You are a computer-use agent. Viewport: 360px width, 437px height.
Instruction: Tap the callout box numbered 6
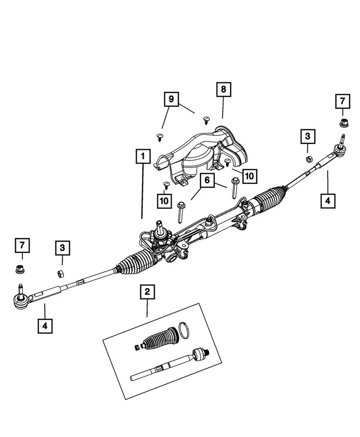pyautogui.click(x=207, y=181)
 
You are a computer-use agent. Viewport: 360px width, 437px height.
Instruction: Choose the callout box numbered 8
pyautogui.click(x=223, y=90)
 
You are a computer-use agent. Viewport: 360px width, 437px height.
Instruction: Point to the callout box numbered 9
pyautogui.click(x=171, y=99)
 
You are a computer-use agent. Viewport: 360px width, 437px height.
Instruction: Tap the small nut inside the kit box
pyautogui.click(x=137, y=348)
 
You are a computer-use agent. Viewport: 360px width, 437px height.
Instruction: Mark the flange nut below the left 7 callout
pyautogui.click(x=20, y=268)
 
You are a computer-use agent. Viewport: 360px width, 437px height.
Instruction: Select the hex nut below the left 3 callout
pyautogui.click(x=59, y=274)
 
